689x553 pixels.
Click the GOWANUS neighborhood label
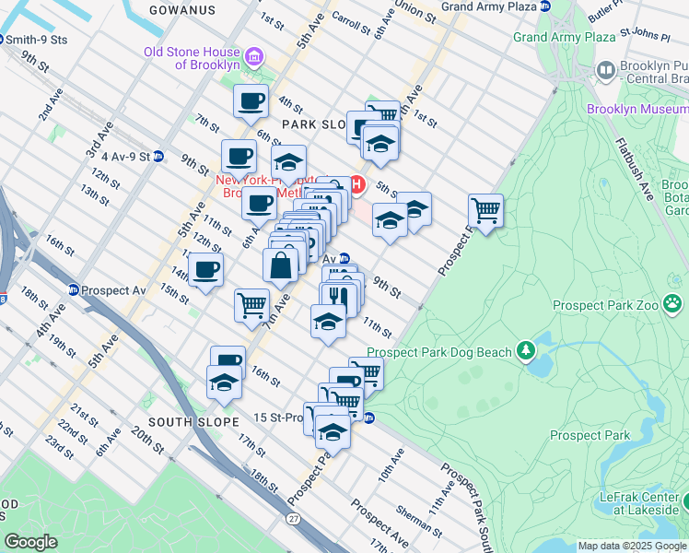click(x=182, y=9)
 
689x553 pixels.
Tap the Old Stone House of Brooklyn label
click(x=192, y=58)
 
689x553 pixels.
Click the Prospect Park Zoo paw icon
click(x=674, y=303)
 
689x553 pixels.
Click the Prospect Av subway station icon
click(x=73, y=290)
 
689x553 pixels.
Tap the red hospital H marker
click(x=357, y=186)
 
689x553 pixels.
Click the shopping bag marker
click(x=280, y=265)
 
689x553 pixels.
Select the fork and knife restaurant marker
click(x=337, y=296)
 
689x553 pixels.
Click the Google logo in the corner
click(x=30, y=542)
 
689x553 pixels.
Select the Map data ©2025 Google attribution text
click(x=632, y=546)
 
